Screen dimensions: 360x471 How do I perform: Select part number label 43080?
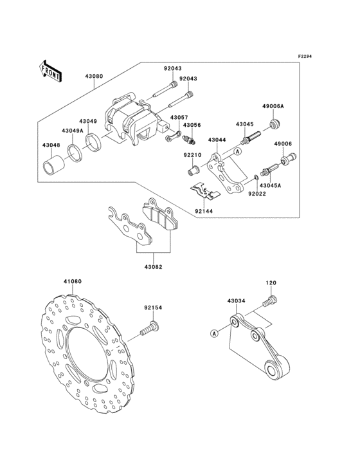click(x=94, y=77)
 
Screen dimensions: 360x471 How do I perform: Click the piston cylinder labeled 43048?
click(x=54, y=166)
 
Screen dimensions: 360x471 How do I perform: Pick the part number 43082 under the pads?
click(x=153, y=267)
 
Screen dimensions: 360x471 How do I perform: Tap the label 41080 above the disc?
click(x=72, y=281)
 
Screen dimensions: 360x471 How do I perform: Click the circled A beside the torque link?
click(x=214, y=333)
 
